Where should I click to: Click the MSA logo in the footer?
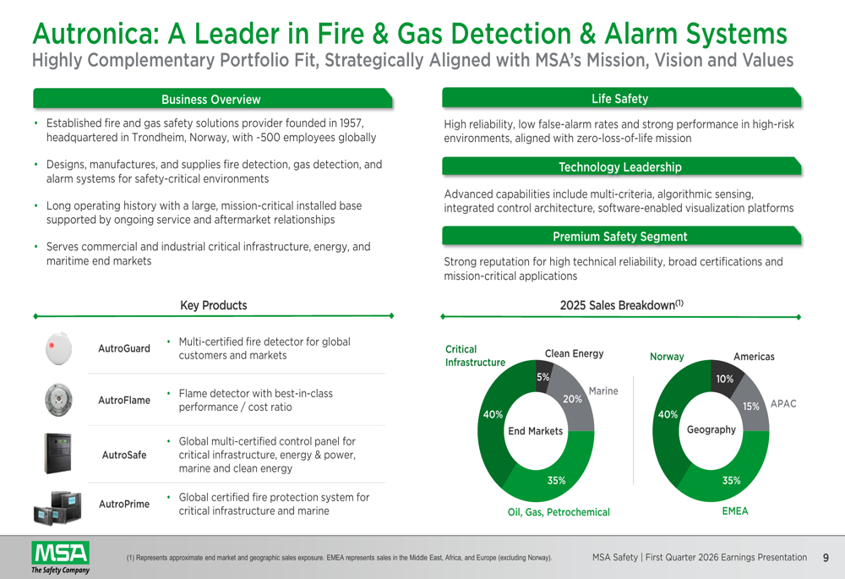(60, 557)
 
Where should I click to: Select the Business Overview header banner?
(213, 99)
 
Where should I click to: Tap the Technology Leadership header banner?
(621, 167)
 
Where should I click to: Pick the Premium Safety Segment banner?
(621, 236)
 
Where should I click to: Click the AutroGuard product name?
(124, 348)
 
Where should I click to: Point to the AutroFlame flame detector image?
(58, 400)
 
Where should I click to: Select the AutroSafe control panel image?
(57, 453)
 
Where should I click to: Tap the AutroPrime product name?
(124, 504)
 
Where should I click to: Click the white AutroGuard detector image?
(59, 349)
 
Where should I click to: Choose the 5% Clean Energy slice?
(542, 377)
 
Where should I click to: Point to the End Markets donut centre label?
(535, 431)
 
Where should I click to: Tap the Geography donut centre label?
(711, 429)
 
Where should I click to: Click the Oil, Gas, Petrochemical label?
(559, 512)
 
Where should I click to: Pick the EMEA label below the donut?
(735, 511)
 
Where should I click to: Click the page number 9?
(826, 558)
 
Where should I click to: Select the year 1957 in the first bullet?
(351, 123)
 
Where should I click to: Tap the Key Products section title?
(214, 305)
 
